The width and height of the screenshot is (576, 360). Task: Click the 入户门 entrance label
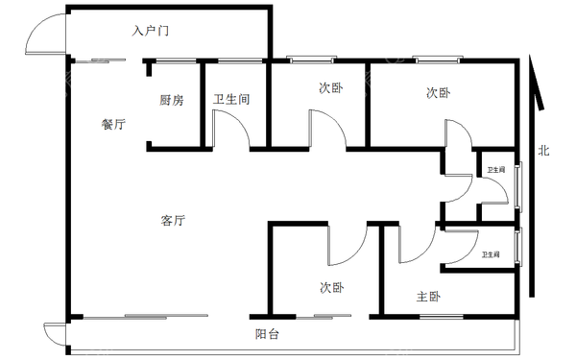[x=152, y=32]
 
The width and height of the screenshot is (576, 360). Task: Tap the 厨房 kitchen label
[x=172, y=99]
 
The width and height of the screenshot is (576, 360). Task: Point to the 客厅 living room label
[x=173, y=221]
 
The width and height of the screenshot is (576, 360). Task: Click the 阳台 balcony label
[x=268, y=334]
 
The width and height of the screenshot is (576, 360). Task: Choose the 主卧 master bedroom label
[x=428, y=297]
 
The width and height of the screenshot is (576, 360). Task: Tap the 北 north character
[x=543, y=150]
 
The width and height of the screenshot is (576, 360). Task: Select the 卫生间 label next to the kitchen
[x=231, y=99]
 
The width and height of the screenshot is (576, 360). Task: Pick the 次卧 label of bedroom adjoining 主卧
[x=332, y=287]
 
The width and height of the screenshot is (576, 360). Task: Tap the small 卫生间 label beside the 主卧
[x=491, y=254]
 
